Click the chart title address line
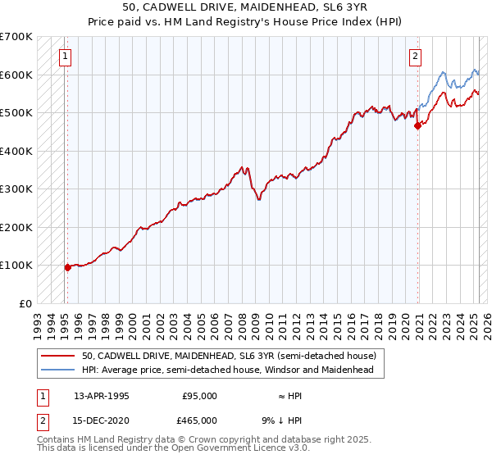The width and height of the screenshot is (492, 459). [245, 7]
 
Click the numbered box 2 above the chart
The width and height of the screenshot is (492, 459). [416, 57]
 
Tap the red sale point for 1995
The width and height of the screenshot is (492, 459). [67, 267]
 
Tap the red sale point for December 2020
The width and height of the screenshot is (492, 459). [417, 125]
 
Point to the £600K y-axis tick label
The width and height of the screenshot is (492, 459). [16, 75]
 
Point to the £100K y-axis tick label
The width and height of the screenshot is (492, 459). [16, 266]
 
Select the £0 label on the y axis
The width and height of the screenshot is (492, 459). [25, 303]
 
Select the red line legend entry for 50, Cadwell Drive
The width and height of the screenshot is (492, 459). [229, 357]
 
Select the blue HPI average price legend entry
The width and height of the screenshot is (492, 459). [227, 370]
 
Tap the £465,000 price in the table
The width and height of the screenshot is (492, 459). [200, 420]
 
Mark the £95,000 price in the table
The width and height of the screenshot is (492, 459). [200, 396]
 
